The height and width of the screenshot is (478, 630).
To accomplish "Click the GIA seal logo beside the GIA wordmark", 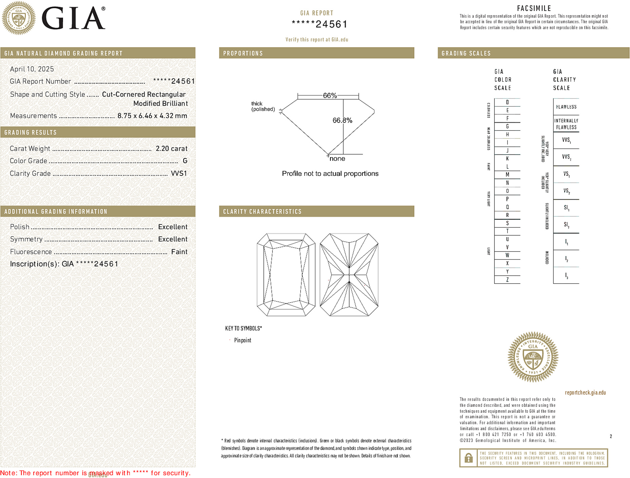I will [18, 18].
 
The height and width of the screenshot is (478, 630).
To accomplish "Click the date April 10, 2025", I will [32, 69].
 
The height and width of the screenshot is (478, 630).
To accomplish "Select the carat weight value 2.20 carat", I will [172, 149].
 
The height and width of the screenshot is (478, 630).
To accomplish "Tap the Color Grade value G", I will [185, 161].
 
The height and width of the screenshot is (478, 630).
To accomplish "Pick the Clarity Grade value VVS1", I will [179, 173].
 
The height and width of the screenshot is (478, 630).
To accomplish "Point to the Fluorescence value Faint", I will [179, 252].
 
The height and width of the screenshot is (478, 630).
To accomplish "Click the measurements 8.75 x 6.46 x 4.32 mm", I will [152, 116].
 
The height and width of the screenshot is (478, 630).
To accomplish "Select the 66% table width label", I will [330, 95].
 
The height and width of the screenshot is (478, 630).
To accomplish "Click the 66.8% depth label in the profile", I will [342, 120].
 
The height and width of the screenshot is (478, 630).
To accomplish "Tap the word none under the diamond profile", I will [337, 159].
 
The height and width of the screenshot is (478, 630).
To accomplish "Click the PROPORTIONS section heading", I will [243, 53].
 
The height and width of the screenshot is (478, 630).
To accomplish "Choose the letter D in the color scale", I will [507, 102].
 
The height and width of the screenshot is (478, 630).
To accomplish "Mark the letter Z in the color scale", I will [507, 280].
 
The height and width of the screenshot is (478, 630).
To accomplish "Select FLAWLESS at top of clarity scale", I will [566, 107].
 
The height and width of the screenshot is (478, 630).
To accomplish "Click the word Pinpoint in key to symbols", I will [243, 340].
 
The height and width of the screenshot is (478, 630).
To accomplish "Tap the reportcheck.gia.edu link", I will [585, 393].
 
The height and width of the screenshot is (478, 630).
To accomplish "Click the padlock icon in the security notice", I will [469, 458].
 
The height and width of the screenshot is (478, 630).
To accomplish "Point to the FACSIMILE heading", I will [534, 8].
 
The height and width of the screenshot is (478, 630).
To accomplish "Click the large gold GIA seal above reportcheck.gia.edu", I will [533, 357].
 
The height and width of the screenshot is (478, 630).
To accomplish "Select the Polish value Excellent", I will [173, 227].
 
